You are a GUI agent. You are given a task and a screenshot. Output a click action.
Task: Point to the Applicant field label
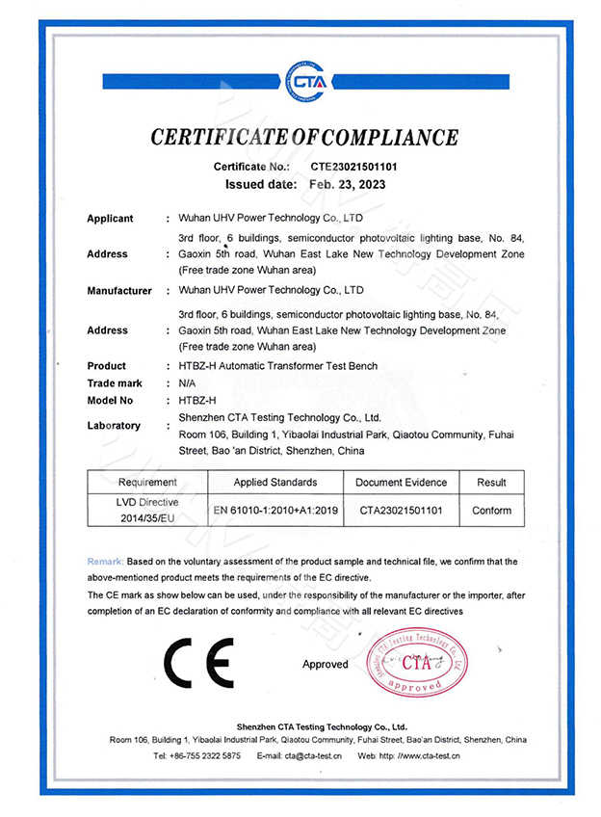[x=110, y=219]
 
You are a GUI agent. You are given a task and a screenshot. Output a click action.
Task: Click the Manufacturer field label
[x=119, y=290]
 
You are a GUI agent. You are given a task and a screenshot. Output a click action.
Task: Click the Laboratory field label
[x=114, y=425]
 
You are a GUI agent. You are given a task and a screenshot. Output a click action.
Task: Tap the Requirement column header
[x=147, y=482]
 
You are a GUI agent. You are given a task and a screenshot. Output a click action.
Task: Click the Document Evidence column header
[x=401, y=482]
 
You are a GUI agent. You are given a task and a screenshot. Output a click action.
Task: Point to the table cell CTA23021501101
[x=401, y=511]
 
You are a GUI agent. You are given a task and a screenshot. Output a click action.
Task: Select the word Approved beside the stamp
[x=325, y=665]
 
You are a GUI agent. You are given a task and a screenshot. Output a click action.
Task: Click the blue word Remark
[x=105, y=561]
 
